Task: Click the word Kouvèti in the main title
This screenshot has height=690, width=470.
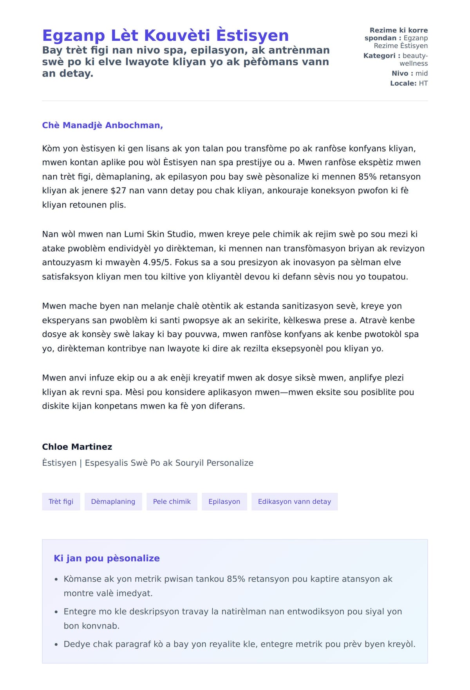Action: tap(177, 36)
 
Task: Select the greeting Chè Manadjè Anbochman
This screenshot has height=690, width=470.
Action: tap(102, 125)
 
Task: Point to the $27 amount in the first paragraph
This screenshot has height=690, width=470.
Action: tap(119, 191)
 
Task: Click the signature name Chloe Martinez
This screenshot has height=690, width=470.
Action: tap(77, 447)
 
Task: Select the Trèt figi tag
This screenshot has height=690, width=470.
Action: tap(61, 502)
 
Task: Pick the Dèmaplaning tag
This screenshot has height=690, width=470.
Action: tap(113, 502)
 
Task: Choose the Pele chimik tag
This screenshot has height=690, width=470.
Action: tap(172, 502)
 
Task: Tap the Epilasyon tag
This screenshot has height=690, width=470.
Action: tap(224, 502)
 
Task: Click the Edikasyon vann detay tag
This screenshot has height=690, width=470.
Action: tap(294, 502)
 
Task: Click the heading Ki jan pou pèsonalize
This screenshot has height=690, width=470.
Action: tap(107, 558)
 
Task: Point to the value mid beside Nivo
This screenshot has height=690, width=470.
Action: tap(421, 73)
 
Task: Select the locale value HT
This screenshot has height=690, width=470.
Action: tap(423, 83)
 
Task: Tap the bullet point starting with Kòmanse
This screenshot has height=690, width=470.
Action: tap(56, 579)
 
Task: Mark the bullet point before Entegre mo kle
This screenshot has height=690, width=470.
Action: tap(56, 612)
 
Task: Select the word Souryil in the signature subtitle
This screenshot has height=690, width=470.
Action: tap(190, 463)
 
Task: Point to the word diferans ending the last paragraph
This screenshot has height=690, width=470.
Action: tap(228, 406)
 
